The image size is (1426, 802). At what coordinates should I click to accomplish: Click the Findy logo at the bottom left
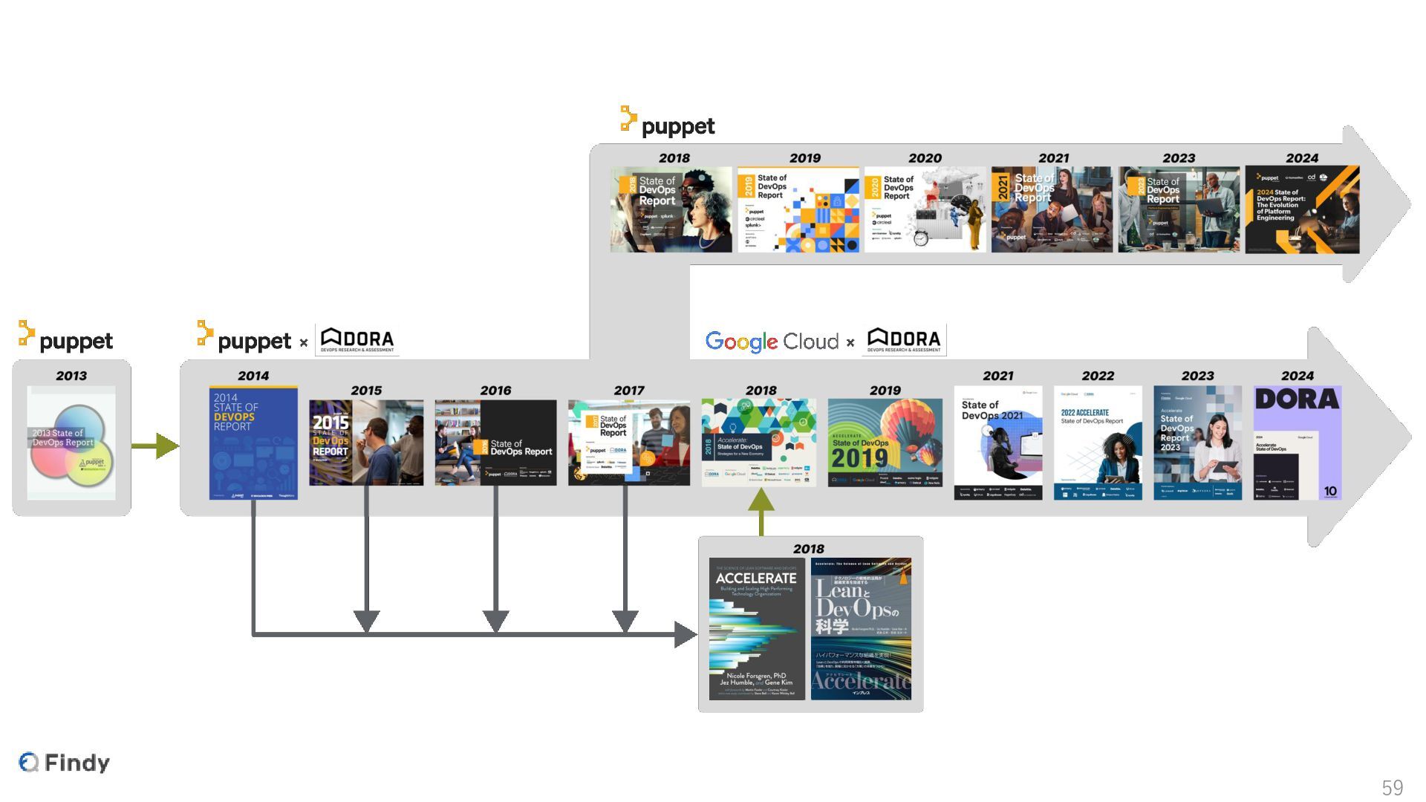click(x=65, y=762)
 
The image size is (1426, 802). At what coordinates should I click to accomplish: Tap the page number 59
click(x=1392, y=787)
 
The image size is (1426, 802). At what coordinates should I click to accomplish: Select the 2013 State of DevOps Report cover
click(x=71, y=443)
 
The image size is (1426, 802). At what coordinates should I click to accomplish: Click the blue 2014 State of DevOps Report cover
click(x=253, y=443)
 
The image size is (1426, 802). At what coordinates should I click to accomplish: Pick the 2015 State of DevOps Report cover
click(x=366, y=443)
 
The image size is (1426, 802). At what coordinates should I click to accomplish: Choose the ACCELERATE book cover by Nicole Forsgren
click(x=757, y=629)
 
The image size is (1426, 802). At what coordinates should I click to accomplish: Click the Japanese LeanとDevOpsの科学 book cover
click(x=861, y=629)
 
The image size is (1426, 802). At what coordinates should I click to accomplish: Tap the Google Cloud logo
click(x=772, y=342)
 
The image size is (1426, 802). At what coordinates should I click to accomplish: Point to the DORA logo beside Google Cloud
click(x=904, y=340)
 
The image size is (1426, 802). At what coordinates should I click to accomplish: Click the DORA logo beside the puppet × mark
click(x=357, y=340)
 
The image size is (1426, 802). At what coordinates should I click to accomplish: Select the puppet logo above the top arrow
click(x=668, y=123)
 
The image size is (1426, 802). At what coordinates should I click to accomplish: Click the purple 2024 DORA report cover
click(x=1297, y=443)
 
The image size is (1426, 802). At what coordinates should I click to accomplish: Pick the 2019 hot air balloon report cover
click(x=885, y=443)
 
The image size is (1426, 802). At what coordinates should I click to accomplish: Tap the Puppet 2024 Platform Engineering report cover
click(x=1302, y=209)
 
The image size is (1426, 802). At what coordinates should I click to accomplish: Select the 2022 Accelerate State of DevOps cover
click(x=1098, y=443)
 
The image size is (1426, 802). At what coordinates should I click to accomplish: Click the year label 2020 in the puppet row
click(x=925, y=158)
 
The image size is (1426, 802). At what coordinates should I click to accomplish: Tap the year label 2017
click(x=628, y=391)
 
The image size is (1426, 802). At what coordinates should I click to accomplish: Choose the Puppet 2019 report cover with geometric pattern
click(x=798, y=209)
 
